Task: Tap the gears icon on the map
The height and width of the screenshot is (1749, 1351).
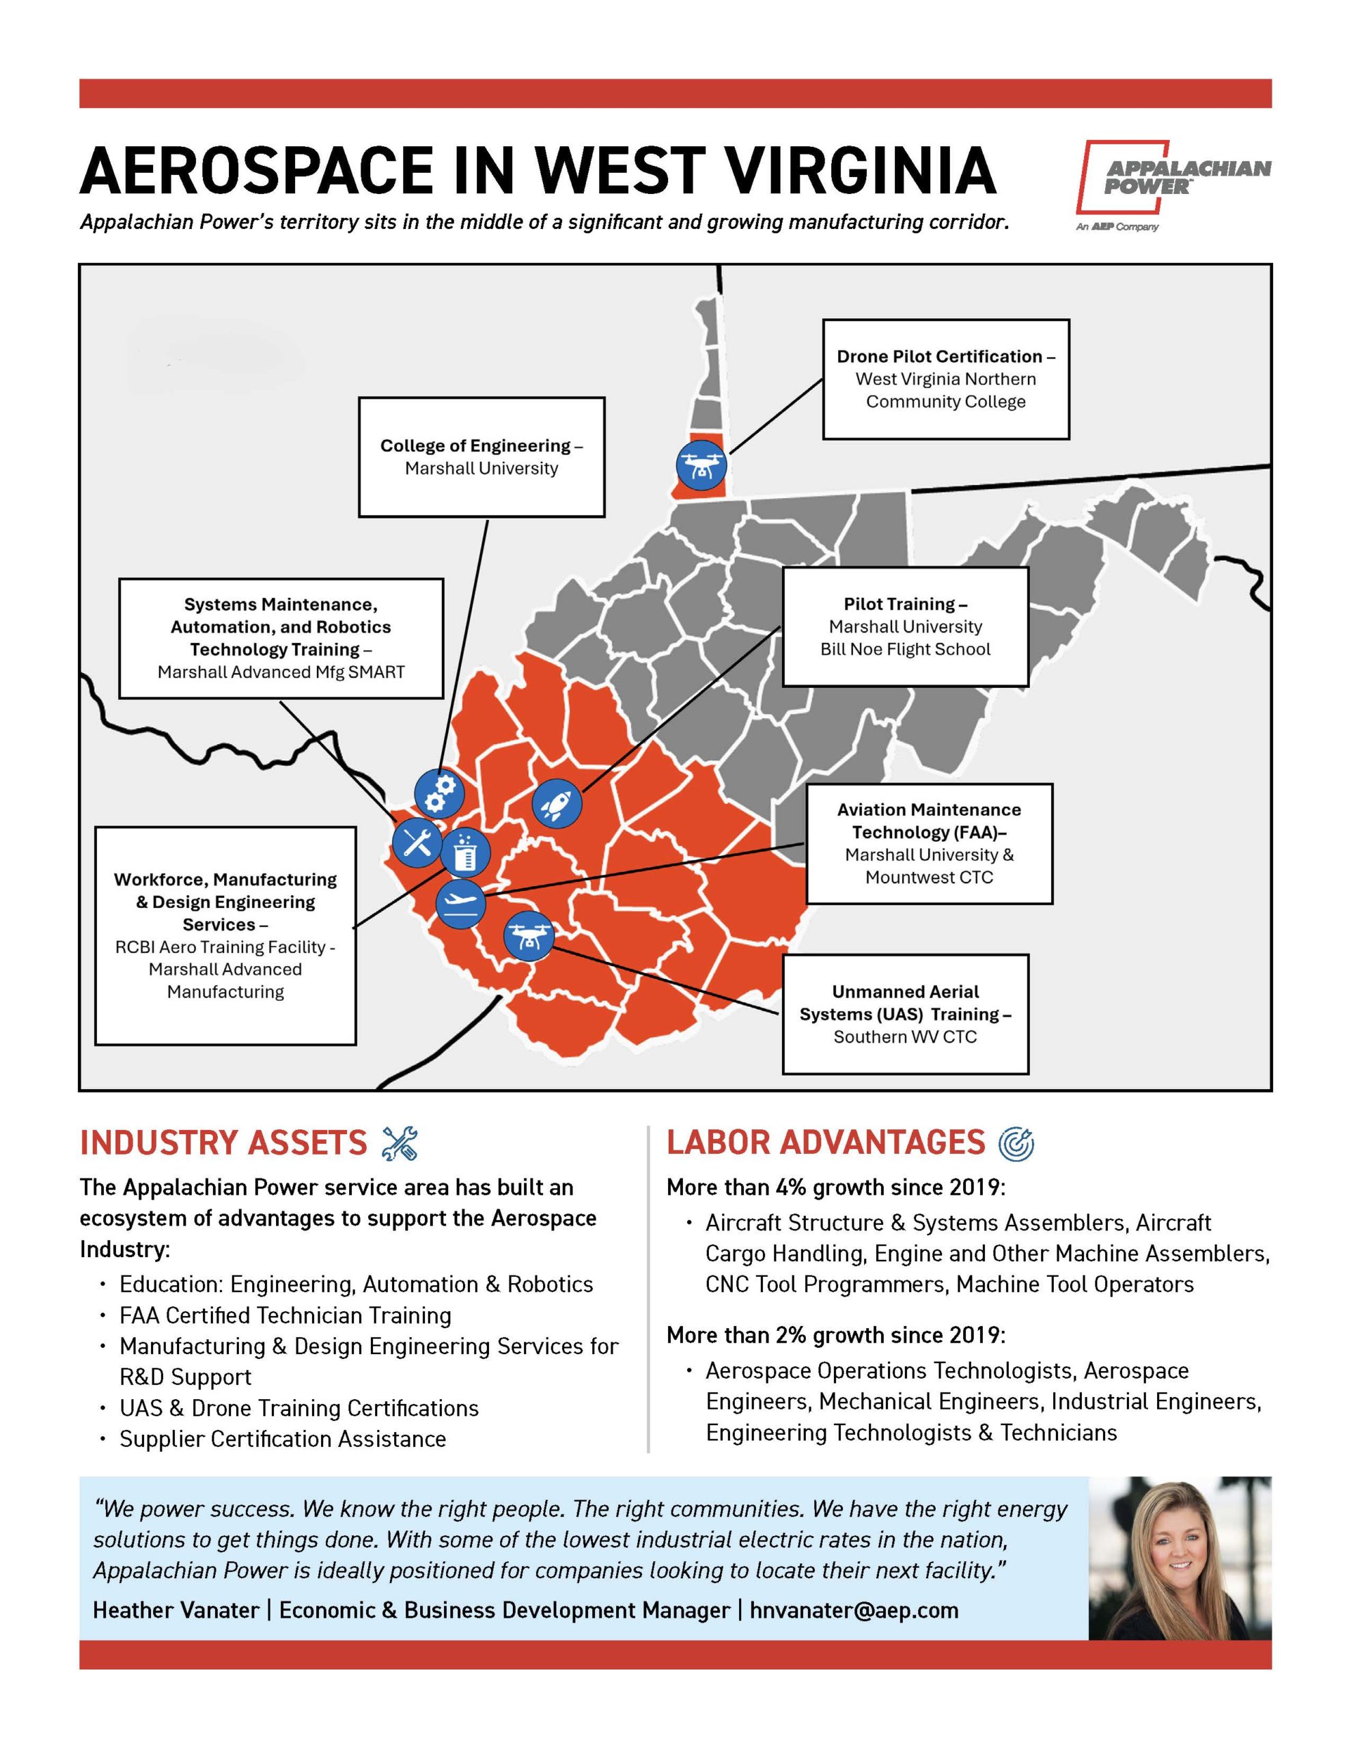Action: click(439, 793)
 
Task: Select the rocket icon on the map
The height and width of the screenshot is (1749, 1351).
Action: click(557, 803)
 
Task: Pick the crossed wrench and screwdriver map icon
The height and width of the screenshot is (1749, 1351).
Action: click(417, 842)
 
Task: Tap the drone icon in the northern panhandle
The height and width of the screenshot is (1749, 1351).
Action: click(701, 464)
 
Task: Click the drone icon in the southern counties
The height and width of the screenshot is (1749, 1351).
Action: click(529, 935)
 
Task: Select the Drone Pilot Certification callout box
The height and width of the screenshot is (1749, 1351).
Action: click(945, 378)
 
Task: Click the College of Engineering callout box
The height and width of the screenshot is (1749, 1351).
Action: click(482, 456)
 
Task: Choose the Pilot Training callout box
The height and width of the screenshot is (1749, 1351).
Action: click(905, 626)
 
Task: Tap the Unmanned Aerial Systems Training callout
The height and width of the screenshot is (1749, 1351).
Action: click(905, 1014)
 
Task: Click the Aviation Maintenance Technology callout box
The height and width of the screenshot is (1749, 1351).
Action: click(929, 843)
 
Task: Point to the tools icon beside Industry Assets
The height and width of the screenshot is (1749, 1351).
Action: click(400, 1143)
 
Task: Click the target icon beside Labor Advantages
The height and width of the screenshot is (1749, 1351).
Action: click(1016, 1143)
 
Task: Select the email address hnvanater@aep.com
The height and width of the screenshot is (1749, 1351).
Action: click(854, 1610)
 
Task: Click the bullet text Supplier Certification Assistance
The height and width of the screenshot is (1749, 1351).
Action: click(283, 1438)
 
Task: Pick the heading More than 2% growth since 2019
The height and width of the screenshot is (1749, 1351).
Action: click(835, 1335)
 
